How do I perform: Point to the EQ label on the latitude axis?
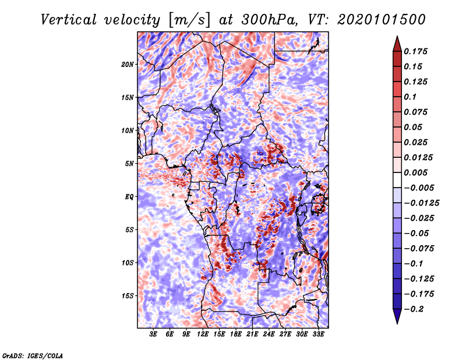click(x=129, y=197)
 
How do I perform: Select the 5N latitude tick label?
click(x=129, y=164)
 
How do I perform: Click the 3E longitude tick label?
click(x=154, y=334)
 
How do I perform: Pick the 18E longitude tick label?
click(x=236, y=334)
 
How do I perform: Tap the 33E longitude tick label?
click(x=318, y=334)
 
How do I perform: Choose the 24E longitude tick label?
click(x=269, y=334)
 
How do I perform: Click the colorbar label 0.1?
click(x=411, y=97)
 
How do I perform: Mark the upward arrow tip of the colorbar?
click(x=397, y=37)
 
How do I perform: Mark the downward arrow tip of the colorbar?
click(x=397, y=322)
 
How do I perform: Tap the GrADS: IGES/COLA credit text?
click(x=33, y=355)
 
